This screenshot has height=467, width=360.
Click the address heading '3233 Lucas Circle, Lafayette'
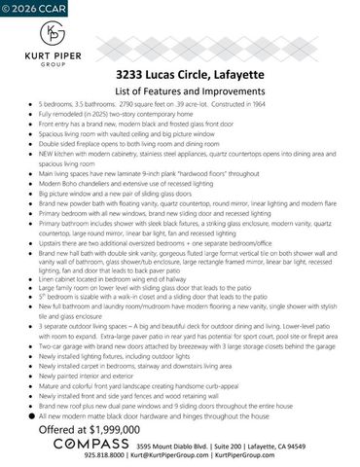pos(179,74)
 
